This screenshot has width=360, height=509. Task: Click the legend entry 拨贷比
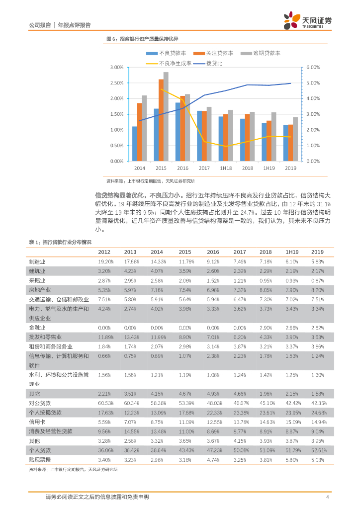tap(214, 64)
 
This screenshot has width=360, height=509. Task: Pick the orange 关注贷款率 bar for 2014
tap(140, 132)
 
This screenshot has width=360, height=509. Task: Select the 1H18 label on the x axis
tap(226, 169)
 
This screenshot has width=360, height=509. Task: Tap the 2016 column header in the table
tap(213, 252)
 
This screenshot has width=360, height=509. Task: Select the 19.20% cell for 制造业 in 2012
tap(105, 261)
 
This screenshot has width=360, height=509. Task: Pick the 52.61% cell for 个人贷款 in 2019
tap(317, 451)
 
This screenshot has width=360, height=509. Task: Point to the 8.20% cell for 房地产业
tap(317, 290)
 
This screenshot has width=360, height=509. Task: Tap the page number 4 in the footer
tap(327, 497)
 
